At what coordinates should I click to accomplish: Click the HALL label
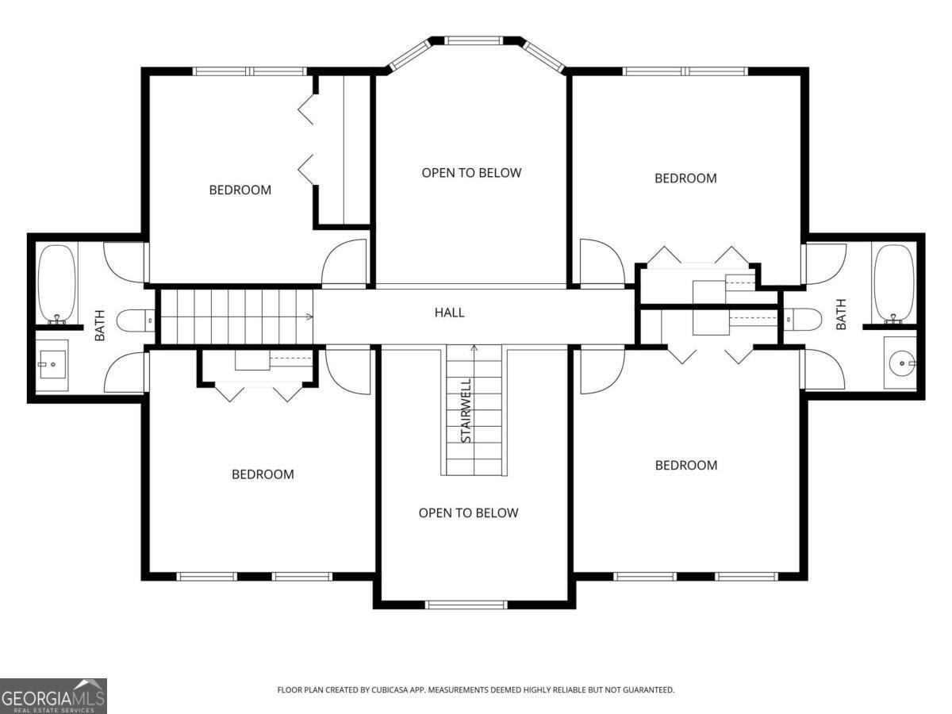[449, 313]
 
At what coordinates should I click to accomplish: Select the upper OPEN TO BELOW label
[471, 172]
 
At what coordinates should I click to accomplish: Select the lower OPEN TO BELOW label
[468, 512]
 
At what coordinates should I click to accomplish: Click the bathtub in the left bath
[56, 282]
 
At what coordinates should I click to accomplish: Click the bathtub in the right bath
[893, 282]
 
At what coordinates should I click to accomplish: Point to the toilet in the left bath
[134, 321]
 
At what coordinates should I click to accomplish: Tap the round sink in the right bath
[900, 364]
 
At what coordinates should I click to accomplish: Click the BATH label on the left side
[100, 324]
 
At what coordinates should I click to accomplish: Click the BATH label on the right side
[841, 313]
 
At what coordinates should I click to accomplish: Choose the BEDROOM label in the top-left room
[240, 190]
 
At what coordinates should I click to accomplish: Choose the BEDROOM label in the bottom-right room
[685, 465]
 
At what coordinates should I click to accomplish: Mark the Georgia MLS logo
[53, 696]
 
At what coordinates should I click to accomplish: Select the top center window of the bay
[473, 40]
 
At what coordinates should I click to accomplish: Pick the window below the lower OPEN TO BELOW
[466, 605]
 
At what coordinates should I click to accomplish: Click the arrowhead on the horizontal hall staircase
[310, 317]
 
